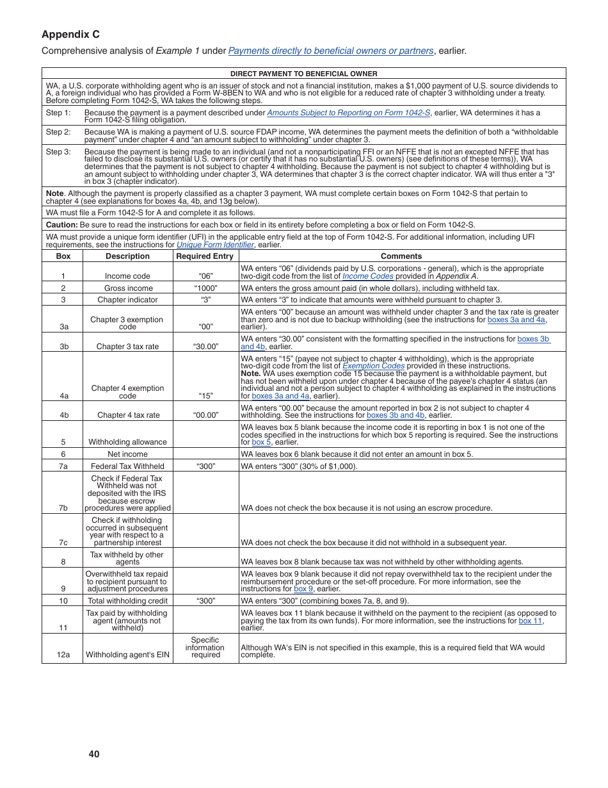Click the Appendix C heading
pos(71,35)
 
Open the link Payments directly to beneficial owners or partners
pos(330,51)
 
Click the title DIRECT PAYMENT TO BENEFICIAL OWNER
pos(303,74)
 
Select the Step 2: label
pos(58,132)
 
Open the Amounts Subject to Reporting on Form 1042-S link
pos(348,113)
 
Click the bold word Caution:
pos(61,225)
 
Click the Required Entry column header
pos(205,256)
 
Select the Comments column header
pos(401,256)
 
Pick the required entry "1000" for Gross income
pos(205,288)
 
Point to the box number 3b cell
pos(63,347)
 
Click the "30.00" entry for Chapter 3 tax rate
pos(205,347)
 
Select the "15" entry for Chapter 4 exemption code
pos(205,396)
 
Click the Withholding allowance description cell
pos(127,442)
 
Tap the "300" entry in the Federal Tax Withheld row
pos(205,466)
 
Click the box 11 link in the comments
pos(530,621)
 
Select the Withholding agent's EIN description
pos(127,655)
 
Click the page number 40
pos(94,754)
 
